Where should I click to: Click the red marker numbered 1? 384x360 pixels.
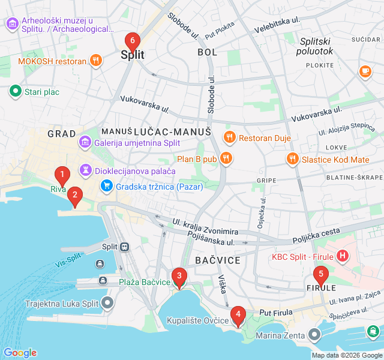(x=61, y=176)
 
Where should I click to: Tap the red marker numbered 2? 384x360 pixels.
(x=74, y=194)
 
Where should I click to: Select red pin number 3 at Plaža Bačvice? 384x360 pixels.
(x=178, y=277)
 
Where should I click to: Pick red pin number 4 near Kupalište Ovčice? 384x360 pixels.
(x=238, y=314)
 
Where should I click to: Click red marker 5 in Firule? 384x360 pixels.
(x=320, y=276)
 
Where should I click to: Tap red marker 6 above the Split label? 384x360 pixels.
(x=133, y=41)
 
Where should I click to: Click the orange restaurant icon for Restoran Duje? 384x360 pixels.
(x=229, y=138)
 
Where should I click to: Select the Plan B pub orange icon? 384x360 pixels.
(x=226, y=158)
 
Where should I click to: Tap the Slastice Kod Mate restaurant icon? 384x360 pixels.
(x=292, y=159)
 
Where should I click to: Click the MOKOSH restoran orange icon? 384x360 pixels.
(x=95, y=61)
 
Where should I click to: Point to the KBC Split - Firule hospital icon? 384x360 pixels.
(x=342, y=256)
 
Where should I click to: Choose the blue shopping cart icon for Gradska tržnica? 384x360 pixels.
(x=106, y=186)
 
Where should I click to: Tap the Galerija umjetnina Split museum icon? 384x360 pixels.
(x=85, y=143)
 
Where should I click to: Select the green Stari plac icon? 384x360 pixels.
(x=14, y=92)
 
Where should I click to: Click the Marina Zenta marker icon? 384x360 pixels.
(x=315, y=334)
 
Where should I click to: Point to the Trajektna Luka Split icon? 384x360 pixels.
(x=107, y=303)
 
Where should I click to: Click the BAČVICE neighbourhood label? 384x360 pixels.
(x=218, y=260)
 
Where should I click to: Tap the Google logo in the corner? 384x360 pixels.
(x=20, y=353)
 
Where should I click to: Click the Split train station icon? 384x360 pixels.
(x=125, y=247)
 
